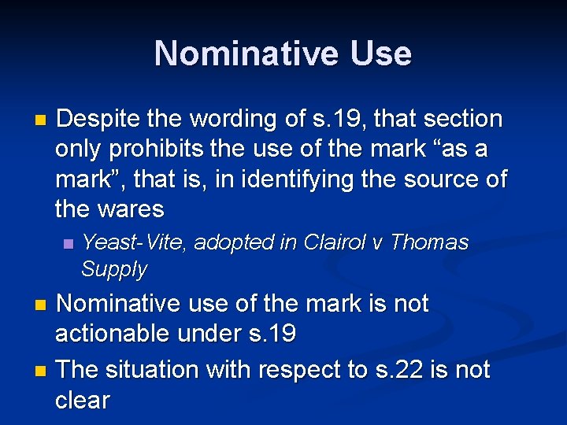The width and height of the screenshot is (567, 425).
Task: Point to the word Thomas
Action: click(429, 242)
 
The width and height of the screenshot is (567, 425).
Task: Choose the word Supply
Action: click(114, 269)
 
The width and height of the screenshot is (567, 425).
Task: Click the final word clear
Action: click(83, 400)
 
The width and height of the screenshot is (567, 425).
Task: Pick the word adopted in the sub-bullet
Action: click(233, 242)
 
